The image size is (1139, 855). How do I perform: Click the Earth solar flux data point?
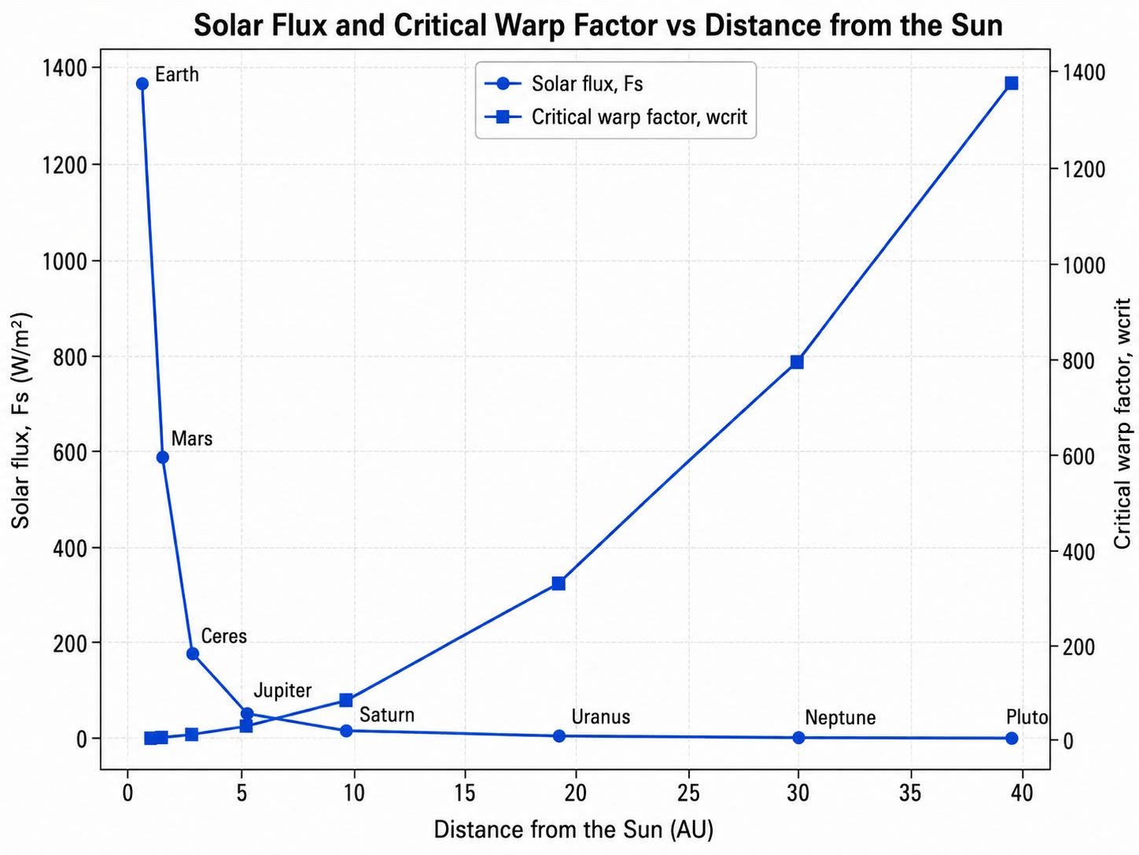pos(142,83)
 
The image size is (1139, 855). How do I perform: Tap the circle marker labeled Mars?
pos(163,457)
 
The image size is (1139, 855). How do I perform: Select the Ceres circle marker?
pos(193,653)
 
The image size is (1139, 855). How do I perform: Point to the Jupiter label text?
pos(282,691)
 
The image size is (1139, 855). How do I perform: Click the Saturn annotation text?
pos(387,715)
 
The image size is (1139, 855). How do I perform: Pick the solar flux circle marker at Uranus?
pos(558,735)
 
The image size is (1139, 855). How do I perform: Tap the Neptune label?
pos(840,718)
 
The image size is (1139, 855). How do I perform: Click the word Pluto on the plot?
pos(1027,717)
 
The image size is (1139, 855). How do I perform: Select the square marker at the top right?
pos(1012,83)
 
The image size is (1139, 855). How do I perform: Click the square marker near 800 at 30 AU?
pos(797,362)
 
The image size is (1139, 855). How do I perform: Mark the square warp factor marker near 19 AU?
pos(558,583)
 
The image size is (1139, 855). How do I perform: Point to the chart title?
pos(599,25)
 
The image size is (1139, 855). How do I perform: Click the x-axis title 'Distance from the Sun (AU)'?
pos(573,830)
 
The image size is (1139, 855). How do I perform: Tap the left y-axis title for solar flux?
pos(21,420)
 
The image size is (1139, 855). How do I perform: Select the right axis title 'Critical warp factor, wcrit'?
pos(1122,424)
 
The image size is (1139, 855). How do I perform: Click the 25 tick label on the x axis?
pos(688,793)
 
